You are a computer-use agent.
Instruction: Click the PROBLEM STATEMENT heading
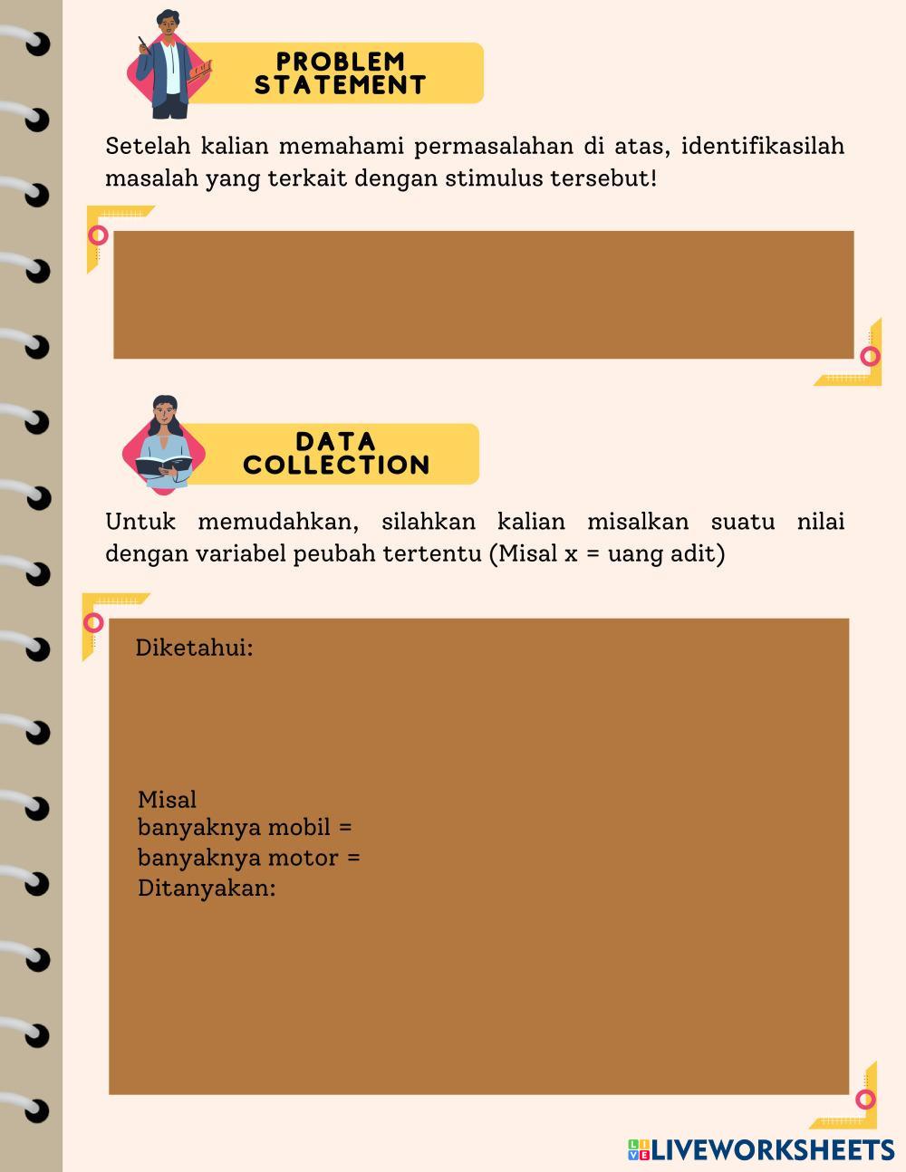(x=340, y=73)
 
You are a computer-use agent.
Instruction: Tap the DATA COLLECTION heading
(x=336, y=454)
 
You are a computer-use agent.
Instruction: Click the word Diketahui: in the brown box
(x=194, y=648)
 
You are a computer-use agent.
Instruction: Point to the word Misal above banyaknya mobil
(x=167, y=800)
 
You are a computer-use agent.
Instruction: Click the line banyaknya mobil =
(x=245, y=827)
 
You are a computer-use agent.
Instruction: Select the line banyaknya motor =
(x=248, y=857)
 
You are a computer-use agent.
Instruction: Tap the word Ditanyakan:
(x=207, y=888)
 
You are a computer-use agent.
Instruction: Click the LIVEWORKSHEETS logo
(x=761, y=1150)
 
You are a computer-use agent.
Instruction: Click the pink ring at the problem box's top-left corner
(x=98, y=235)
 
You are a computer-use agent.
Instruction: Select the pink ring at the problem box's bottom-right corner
(x=870, y=356)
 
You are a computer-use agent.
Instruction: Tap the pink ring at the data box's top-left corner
(x=93, y=623)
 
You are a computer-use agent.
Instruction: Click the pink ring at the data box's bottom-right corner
(x=866, y=1100)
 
